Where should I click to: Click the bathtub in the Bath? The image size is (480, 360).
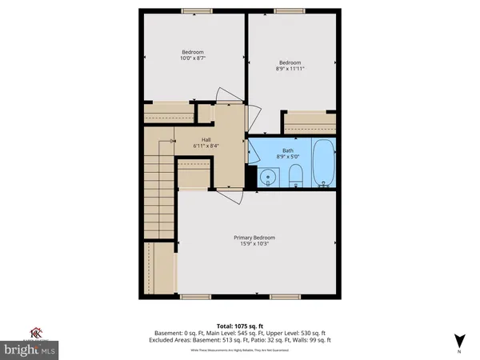click(x=325, y=164)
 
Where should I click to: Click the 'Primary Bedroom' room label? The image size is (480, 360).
click(x=254, y=238)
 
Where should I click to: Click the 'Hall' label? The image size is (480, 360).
click(x=205, y=138)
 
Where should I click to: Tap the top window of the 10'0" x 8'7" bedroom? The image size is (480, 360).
click(x=193, y=11)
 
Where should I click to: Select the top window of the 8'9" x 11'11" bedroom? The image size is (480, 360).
click(x=290, y=11)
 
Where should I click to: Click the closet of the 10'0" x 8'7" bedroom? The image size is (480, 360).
click(x=169, y=114)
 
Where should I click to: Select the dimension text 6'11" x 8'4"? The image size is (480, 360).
click(x=205, y=146)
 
